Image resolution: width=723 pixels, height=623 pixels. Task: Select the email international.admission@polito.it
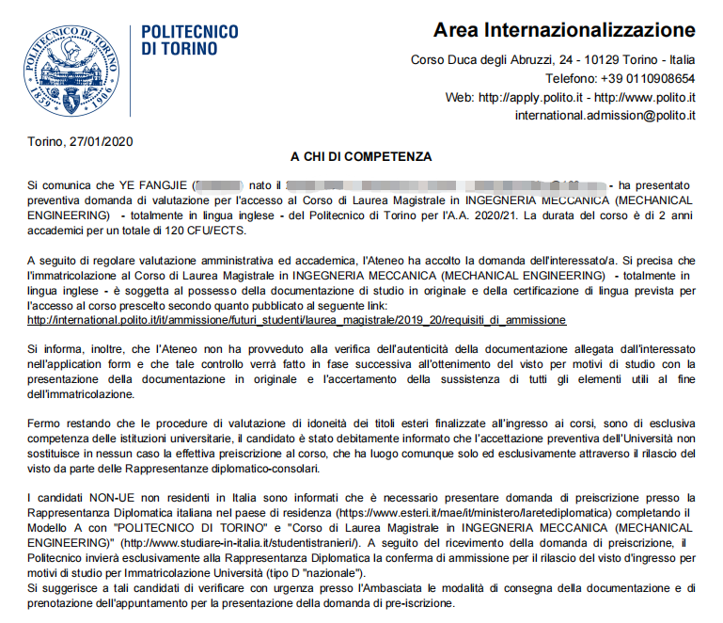click(605, 115)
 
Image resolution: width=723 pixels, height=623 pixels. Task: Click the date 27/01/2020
click(101, 142)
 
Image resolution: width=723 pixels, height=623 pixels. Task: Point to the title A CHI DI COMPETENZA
click(361, 157)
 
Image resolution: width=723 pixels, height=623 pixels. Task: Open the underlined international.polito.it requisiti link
click(296, 319)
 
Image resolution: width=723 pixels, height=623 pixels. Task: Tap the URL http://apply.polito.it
click(532, 97)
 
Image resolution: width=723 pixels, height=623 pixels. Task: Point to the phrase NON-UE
click(114, 497)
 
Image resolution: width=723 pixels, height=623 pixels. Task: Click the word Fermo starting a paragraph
click(44, 424)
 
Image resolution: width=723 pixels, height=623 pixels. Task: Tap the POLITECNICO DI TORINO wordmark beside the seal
click(189, 40)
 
